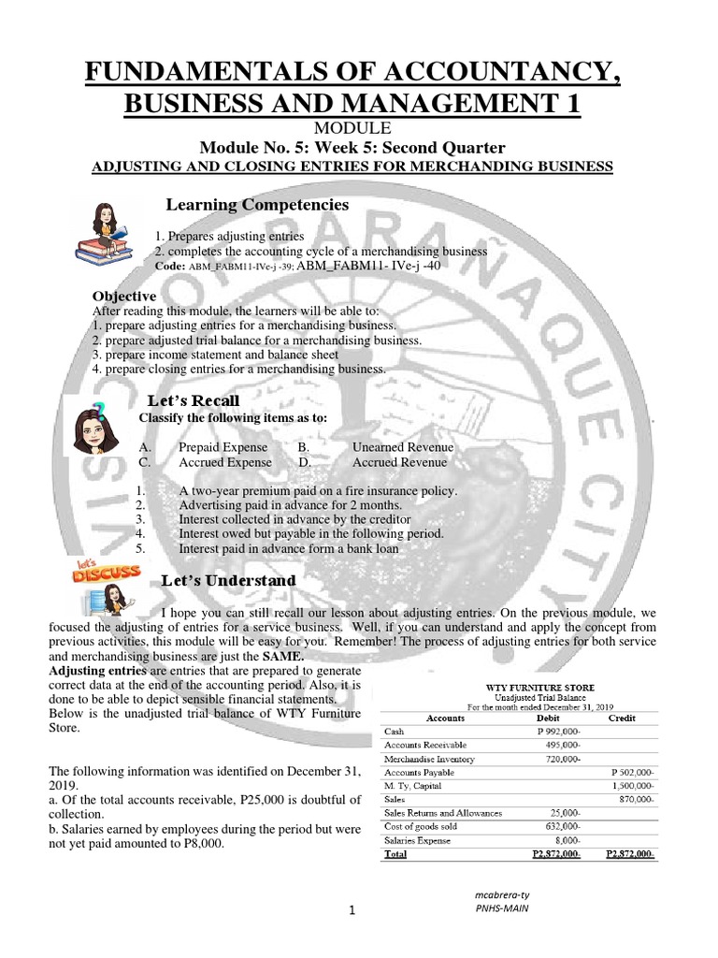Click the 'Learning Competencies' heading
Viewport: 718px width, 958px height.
click(x=257, y=205)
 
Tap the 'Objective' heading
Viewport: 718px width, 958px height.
click(x=124, y=296)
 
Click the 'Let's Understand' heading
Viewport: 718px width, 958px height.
click(x=229, y=581)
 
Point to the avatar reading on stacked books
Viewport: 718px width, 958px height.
click(x=102, y=233)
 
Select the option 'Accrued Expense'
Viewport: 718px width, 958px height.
click(x=225, y=462)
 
